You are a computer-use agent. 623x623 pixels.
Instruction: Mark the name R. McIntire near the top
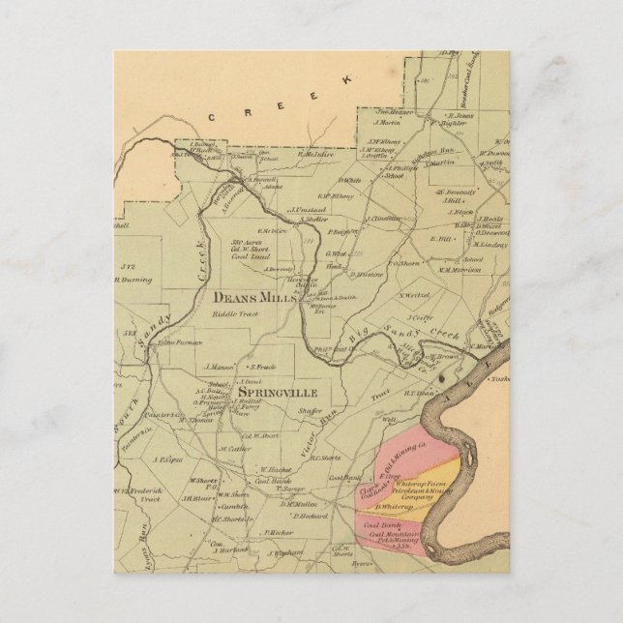click(x=315, y=153)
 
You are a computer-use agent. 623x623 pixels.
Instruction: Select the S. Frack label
click(x=263, y=367)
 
